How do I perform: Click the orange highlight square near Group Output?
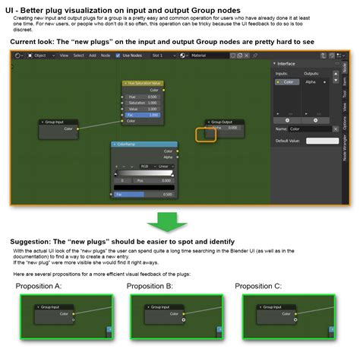206,135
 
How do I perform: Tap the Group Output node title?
223,122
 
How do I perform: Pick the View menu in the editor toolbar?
64,56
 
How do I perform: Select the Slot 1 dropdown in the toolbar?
160,56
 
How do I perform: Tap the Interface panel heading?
286,64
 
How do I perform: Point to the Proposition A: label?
40,286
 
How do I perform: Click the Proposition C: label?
259,286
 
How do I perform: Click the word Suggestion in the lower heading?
33,241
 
